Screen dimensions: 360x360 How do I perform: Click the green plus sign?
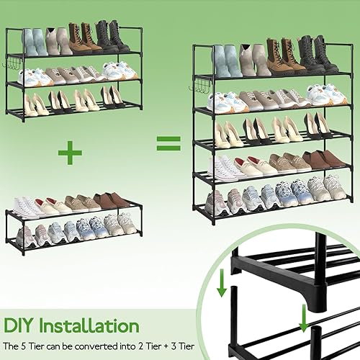(70, 153)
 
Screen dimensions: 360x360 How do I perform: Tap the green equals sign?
(168, 143)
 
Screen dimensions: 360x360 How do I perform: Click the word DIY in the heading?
(18, 325)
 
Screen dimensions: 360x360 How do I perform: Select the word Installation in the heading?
(89, 325)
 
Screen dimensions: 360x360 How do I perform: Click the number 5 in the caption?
(26, 346)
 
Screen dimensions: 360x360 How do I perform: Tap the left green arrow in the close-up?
(222, 283)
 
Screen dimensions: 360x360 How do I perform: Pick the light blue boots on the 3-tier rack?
(35, 42)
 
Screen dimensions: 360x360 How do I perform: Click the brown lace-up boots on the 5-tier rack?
(283, 56)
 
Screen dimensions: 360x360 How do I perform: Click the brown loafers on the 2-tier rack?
(111, 200)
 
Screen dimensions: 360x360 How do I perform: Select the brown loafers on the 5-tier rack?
(323, 159)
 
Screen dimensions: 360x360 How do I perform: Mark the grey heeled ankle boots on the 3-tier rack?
(58, 41)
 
